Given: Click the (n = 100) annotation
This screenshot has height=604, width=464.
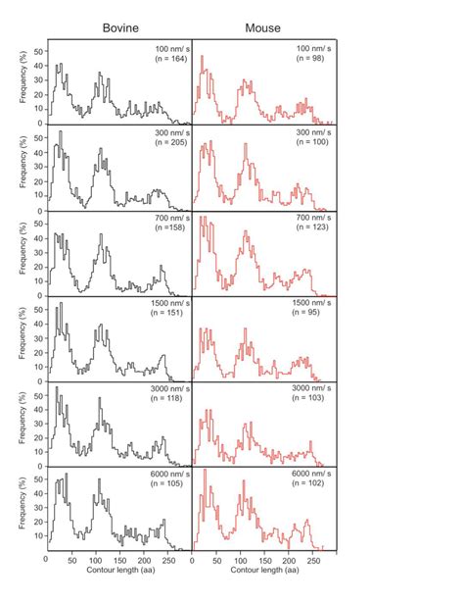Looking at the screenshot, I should [x=310, y=144].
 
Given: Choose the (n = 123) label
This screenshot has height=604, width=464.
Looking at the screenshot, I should [x=310, y=227].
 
